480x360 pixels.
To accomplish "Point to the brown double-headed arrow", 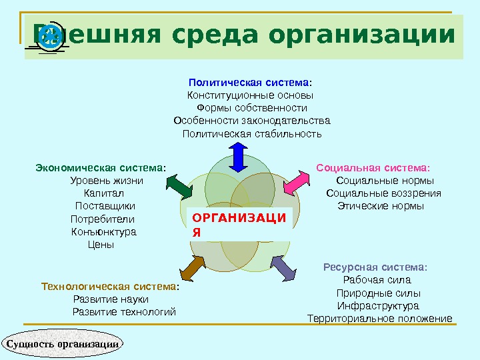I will (x=191, y=267).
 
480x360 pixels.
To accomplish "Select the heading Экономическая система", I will (x=101, y=167).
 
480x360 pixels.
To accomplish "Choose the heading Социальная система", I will (x=373, y=167).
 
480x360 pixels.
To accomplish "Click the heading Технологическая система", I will (x=110, y=287).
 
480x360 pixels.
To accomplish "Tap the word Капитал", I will (x=100, y=193).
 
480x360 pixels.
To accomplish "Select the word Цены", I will (x=101, y=245).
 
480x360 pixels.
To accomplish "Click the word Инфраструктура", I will (x=378, y=305).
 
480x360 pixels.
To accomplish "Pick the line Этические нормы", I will (x=380, y=206).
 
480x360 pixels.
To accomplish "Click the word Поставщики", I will (x=105, y=206).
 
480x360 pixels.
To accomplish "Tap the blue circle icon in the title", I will (x=51, y=37).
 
